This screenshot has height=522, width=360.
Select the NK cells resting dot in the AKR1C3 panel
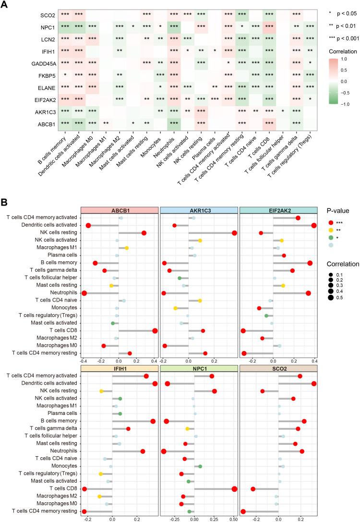point(234,233)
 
